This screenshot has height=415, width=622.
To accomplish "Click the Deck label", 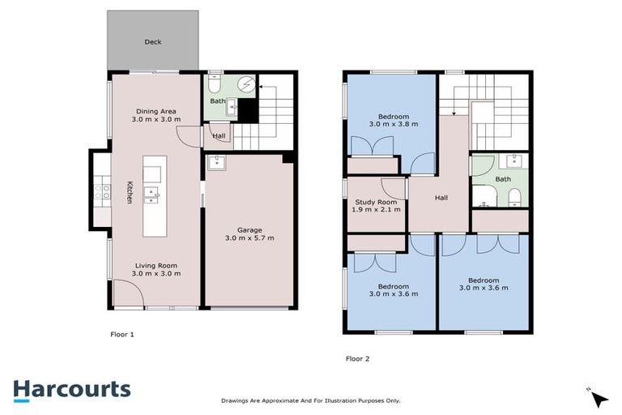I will pos(152,41).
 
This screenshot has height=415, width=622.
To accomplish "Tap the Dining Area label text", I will pos(155,112).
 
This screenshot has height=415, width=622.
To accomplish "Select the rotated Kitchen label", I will pos(129,191).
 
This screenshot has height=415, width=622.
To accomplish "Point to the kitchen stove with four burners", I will pos(103,191).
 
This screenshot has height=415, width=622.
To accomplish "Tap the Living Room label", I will pos(155,265).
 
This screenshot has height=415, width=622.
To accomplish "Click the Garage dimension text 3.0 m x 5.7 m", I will pos(249,238).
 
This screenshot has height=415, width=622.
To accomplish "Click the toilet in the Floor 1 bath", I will pos(215,83).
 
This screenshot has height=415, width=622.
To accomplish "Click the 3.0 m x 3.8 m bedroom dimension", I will pos(394,124).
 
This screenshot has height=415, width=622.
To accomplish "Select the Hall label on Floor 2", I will pos(441,197).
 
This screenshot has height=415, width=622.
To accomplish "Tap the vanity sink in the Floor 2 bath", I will pos(512,160).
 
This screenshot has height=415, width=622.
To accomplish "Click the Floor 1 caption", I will pos(121,333).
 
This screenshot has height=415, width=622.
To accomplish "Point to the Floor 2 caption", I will pos(357,357).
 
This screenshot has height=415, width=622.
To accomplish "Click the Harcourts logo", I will pos(71,389).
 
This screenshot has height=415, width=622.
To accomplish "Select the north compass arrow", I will pos(599,398).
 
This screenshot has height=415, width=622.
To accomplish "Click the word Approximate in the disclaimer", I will pos(283,400).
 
